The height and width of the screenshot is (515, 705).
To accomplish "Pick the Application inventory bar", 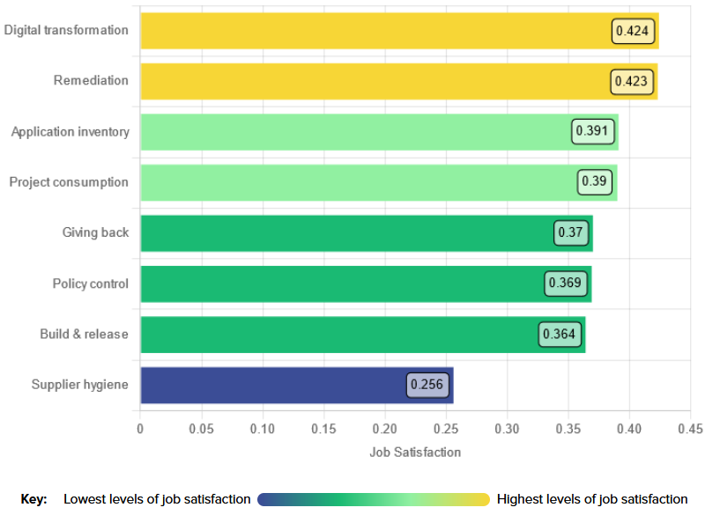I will (352, 132).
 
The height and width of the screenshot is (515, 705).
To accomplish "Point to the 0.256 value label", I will (427, 386).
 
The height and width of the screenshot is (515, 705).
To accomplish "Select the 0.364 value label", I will (559, 335).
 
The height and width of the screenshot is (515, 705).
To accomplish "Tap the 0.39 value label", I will (595, 182).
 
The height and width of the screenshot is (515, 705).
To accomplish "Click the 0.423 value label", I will (631, 82).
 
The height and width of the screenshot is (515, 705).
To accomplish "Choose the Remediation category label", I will (91, 80).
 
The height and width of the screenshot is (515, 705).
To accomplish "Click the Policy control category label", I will (90, 283).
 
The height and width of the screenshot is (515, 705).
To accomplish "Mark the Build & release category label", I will (84, 335).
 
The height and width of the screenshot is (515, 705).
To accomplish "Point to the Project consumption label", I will (69, 182).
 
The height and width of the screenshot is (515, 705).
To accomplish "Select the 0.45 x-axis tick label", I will (690, 429).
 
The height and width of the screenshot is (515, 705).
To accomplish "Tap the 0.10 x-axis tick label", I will (263, 429).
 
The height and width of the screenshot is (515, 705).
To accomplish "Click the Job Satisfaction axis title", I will (415, 452).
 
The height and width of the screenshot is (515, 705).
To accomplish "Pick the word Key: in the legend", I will (33, 499).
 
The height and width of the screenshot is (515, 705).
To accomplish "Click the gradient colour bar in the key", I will (373, 499).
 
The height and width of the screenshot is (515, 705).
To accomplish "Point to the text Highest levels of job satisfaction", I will (592, 499).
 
